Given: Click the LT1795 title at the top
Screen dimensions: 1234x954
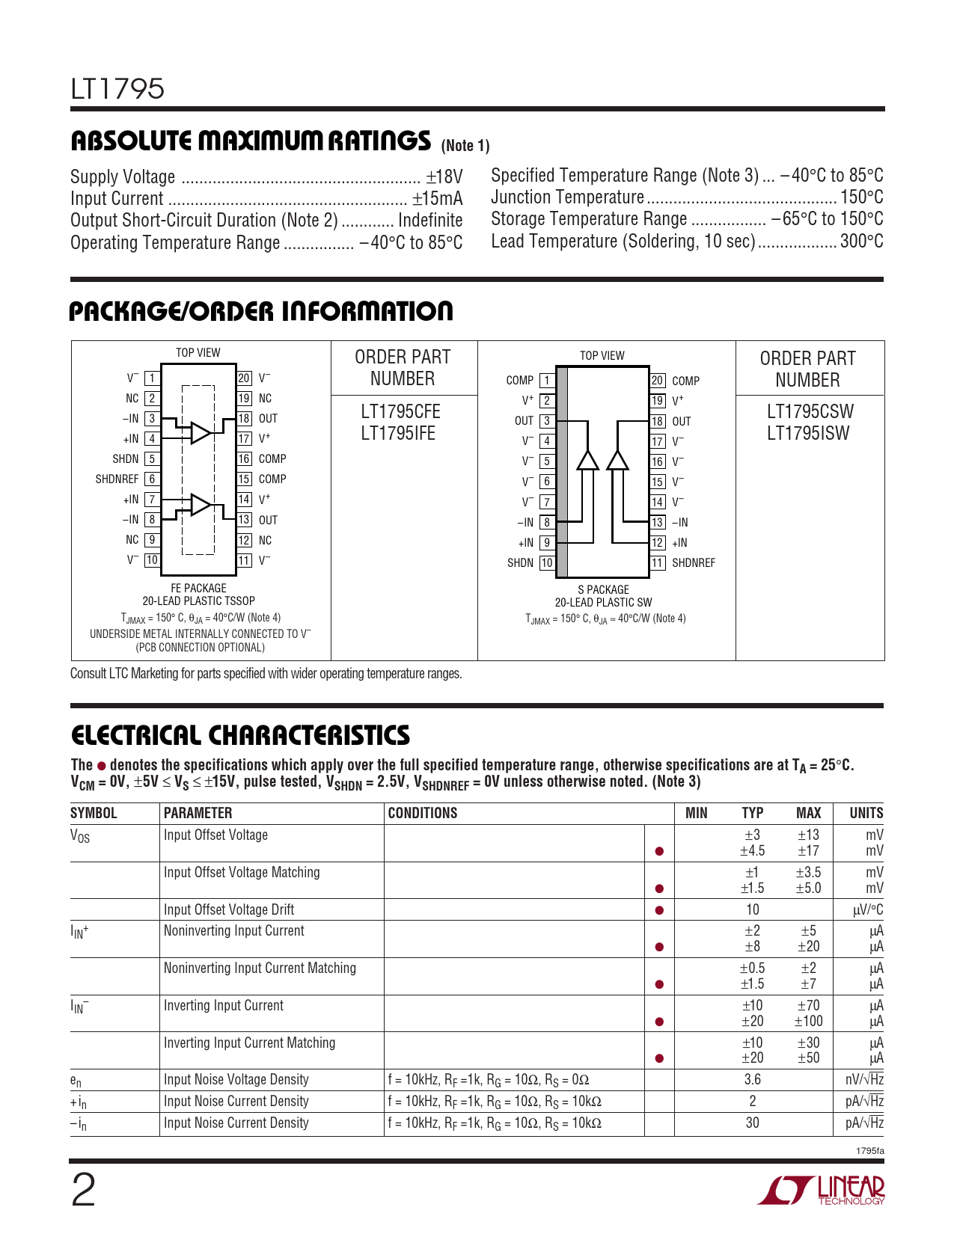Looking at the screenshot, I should (x=117, y=89).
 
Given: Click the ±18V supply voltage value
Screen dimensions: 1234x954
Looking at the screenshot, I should (x=444, y=177).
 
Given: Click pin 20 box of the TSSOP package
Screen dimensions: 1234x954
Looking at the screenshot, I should (x=244, y=378).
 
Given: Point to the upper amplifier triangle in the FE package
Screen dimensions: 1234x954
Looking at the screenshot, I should (x=200, y=433).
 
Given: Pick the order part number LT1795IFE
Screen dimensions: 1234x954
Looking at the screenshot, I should (x=398, y=434).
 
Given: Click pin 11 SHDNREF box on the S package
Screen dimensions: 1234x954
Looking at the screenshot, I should (x=658, y=563).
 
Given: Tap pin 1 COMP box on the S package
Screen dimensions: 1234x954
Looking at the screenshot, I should (x=547, y=381).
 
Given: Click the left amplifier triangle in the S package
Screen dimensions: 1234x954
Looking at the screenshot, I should (x=588, y=460).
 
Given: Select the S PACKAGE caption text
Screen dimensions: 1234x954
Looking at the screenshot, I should (x=603, y=589).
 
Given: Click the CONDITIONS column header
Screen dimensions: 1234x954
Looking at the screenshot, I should (x=423, y=814).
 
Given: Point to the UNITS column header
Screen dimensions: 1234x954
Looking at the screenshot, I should (x=866, y=814).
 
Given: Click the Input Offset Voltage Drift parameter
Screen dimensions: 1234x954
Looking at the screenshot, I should (x=229, y=910).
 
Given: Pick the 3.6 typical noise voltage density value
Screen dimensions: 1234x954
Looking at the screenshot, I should (x=752, y=1080).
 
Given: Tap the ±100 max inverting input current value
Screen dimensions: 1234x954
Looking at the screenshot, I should (x=808, y=1022).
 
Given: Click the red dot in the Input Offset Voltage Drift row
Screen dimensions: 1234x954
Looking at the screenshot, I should (x=659, y=911).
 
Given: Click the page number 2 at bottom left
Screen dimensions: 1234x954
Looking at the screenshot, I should (x=83, y=1191).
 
